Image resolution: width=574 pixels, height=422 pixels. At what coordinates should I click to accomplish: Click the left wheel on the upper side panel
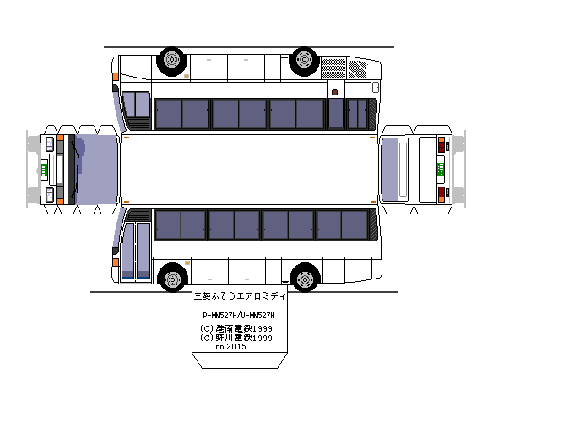point(171,60)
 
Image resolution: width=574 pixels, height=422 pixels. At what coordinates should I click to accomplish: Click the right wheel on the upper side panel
point(303,60)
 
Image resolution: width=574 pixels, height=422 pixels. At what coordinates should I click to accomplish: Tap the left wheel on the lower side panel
point(172,277)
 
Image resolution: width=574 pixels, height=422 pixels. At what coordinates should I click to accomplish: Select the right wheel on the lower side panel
point(305,277)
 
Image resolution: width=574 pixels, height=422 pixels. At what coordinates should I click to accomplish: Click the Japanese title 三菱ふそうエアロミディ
point(240,297)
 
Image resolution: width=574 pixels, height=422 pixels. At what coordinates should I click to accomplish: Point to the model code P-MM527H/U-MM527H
point(240,314)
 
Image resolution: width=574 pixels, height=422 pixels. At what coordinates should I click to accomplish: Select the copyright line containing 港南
point(236,328)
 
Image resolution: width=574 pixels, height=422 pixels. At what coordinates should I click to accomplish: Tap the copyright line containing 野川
point(236,338)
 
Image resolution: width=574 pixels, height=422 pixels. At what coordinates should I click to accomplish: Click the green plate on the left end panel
point(42,169)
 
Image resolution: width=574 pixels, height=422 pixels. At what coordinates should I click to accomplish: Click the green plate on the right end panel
point(440,169)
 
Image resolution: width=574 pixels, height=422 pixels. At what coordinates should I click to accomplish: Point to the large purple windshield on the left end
point(96,169)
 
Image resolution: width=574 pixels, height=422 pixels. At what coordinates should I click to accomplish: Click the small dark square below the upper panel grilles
point(334,92)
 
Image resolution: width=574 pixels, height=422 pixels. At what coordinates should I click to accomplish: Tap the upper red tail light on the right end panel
point(442,145)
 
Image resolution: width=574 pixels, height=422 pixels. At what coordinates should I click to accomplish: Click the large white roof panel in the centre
point(249,169)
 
